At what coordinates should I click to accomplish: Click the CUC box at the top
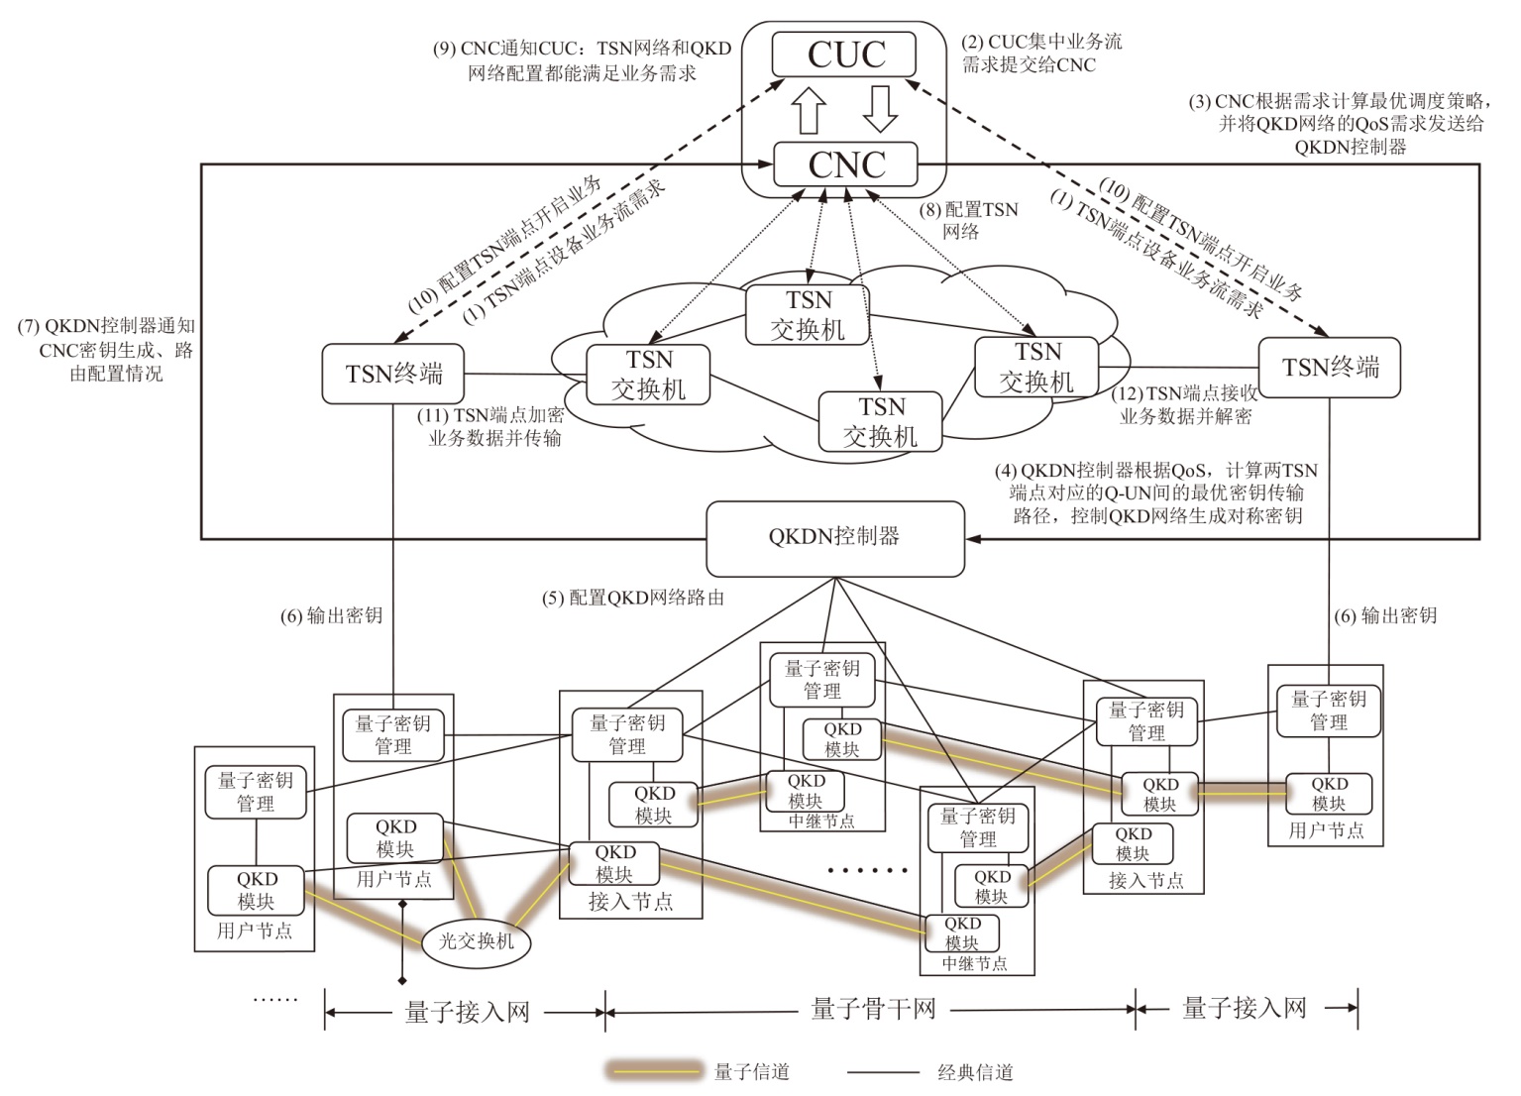pyautogui.click(x=844, y=55)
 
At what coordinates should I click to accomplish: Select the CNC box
pyautogui.click(x=844, y=164)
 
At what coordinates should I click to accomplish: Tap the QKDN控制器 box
pyautogui.click(x=834, y=538)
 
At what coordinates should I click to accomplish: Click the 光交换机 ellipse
pyautogui.click(x=477, y=940)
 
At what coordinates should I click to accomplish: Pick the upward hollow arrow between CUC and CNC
pyautogui.click(x=810, y=109)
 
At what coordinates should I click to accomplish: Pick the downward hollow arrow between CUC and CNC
pyautogui.click(x=879, y=109)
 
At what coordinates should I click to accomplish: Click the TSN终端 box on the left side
pyautogui.click(x=393, y=374)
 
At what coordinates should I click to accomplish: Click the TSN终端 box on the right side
pyautogui.click(x=1329, y=368)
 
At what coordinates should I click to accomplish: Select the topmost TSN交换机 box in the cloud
pyautogui.click(x=808, y=315)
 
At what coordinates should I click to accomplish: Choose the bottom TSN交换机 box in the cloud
pyautogui.click(x=880, y=422)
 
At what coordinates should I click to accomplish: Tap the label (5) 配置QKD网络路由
pyautogui.click(x=633, y=599)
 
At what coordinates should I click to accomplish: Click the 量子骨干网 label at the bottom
pyautogui.click(x=873, y=1010)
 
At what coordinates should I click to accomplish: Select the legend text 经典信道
pyautogui.click(x=975, y=1072)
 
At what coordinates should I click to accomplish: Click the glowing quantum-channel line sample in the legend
pyautogui.click(x=654, y=1071)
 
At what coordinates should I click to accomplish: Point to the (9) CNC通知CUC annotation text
pyautogui.click(x=582, y=60)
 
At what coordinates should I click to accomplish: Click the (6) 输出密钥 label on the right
pyautogui.click(x=1385, y=616)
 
